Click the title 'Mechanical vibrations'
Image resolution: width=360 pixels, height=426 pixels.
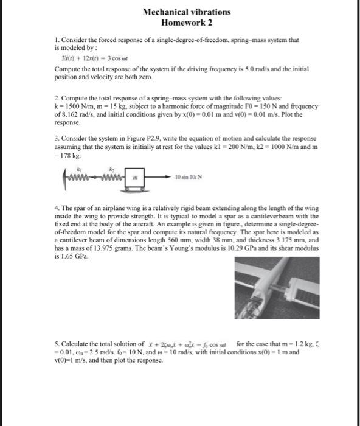click(187, 12)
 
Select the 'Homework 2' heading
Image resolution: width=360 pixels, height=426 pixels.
click(187, 23)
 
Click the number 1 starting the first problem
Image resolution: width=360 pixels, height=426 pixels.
click(55, 40)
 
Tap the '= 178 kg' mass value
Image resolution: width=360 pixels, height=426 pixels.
click(67, 155)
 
